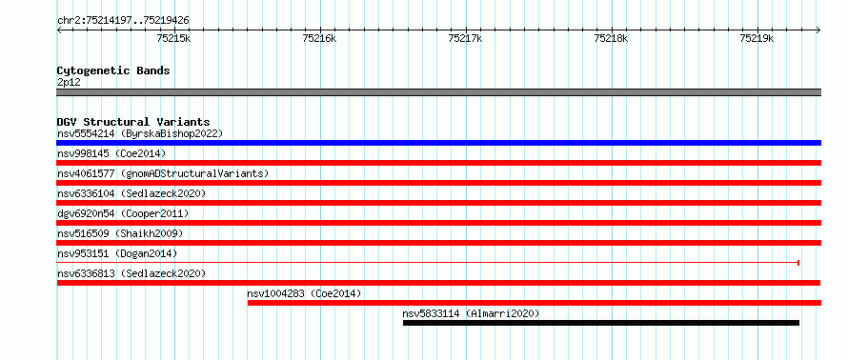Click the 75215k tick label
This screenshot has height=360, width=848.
(173, 38)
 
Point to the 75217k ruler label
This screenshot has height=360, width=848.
(466, 38)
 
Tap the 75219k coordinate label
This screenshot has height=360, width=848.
(757, 38)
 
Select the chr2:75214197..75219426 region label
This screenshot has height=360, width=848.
(123, 21)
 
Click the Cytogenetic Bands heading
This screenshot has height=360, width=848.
(113, 70)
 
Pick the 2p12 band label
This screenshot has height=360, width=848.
(69, 83)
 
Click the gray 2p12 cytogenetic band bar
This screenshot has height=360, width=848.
(439, 92)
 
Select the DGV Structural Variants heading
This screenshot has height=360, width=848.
(133, 122)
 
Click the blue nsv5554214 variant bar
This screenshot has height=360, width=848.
(439, 143)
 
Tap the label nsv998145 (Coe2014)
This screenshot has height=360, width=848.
(111, 153)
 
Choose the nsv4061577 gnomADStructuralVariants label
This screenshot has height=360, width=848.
(163, 173)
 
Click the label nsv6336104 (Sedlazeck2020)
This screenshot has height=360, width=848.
(131, 193)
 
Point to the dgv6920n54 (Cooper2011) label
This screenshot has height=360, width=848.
(123, 213)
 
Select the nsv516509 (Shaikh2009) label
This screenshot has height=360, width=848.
(120, 233)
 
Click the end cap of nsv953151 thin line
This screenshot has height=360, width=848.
(798, 263)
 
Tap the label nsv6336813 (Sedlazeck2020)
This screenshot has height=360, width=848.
(131, 273)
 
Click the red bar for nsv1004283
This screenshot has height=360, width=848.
(535, 303)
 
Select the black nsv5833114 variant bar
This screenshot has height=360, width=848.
(601, 323)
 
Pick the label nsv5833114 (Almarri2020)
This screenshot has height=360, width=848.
(471, 313)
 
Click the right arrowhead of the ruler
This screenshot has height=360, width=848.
(818, 30)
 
